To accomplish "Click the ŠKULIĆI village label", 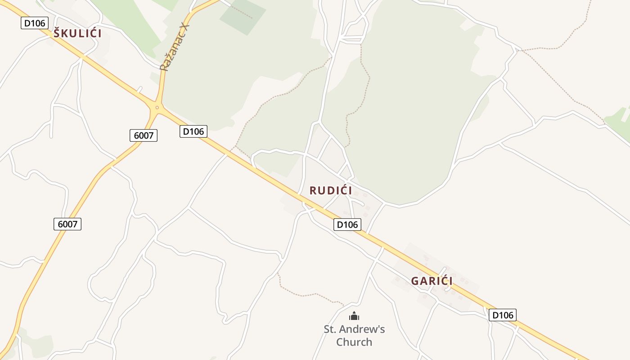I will [77, 33].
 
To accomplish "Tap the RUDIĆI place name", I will [331, 190].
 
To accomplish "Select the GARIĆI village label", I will [432, 281].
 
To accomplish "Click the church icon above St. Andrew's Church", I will [354, 316].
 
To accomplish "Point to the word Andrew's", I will [363, 329].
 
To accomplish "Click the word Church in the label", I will [354, 342].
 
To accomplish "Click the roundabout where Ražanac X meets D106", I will [157, 107].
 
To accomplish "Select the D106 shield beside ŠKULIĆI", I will [35, 23].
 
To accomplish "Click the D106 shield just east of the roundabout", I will [193, 131].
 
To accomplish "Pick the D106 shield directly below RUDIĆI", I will [347, 225].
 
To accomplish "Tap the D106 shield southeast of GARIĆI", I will [503, 315].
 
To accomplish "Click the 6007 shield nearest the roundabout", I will [144, 135].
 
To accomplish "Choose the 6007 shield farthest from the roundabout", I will [67, 224].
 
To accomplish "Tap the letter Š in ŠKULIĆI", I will [57, 33].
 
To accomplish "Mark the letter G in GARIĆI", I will [415, 281].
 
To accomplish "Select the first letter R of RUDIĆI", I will [313, 190].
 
